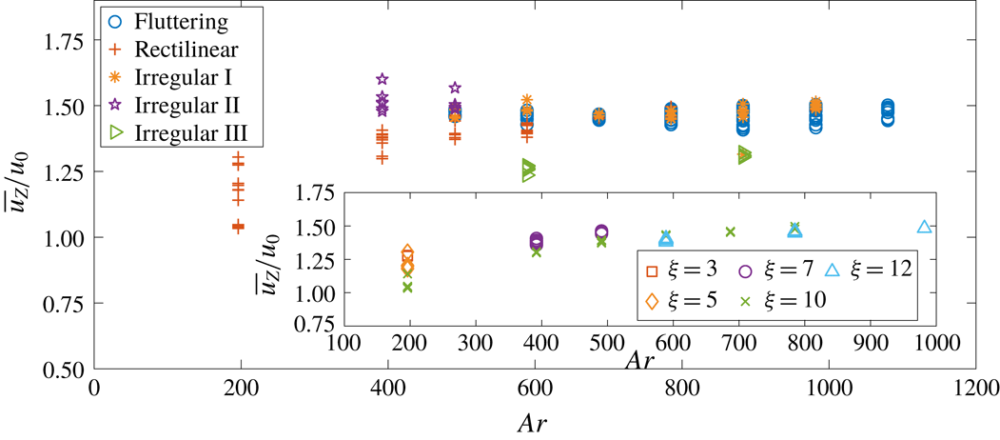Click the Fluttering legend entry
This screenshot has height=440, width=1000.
coord(167,19)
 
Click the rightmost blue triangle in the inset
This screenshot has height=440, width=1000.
coord(924,227)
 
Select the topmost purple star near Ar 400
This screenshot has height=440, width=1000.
coord(382,79)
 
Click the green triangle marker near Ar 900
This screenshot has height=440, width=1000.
coord(744,155)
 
